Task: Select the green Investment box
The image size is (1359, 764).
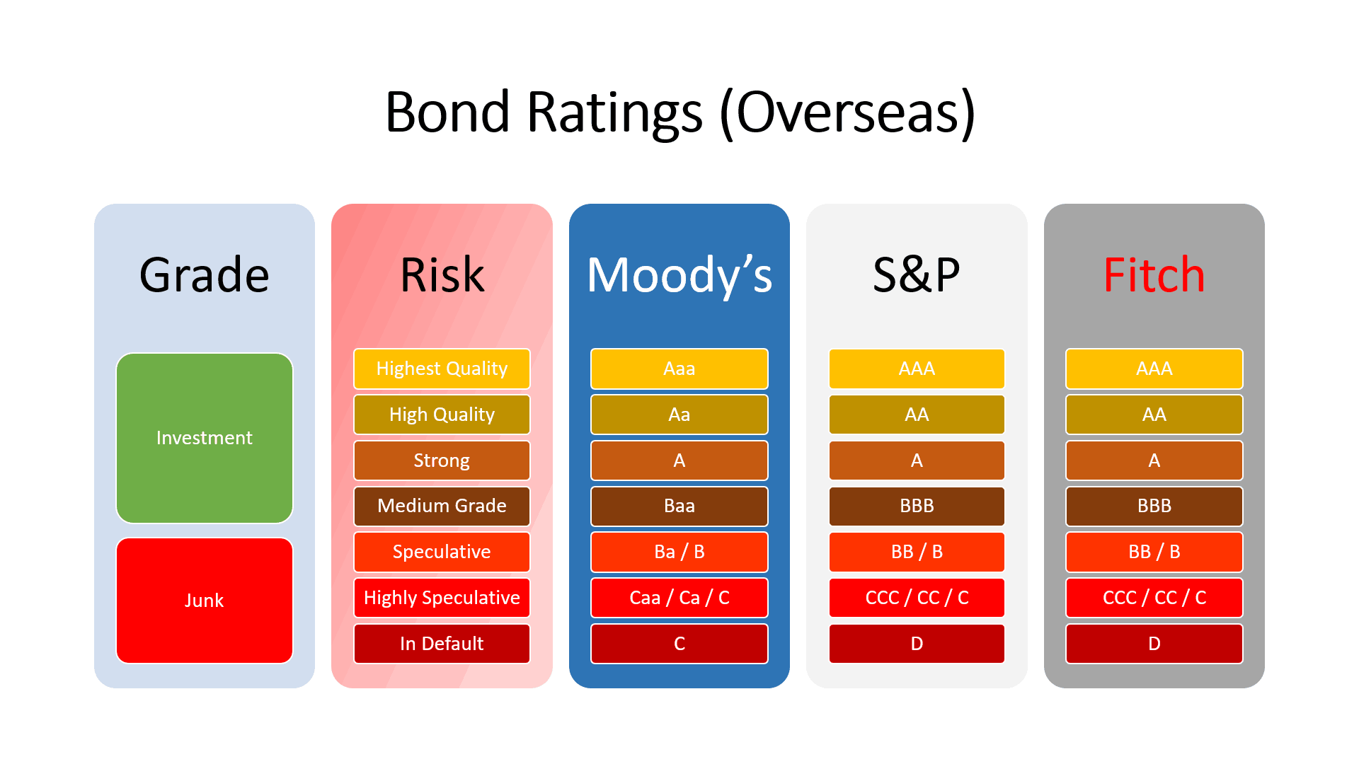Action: tap(205, 438)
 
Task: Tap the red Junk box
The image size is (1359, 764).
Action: tap(205, 601)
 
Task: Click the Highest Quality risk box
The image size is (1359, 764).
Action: tap(442, 369)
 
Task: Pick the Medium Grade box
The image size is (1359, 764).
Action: tap(442, 506)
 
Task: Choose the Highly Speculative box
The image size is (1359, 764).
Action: tap(442, 598)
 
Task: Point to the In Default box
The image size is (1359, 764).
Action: tap(442, 644)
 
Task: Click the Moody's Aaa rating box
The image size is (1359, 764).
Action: tap(679, 369)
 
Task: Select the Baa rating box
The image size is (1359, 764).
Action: tap(679, 506)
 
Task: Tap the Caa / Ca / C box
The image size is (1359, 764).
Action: tap(679, 598)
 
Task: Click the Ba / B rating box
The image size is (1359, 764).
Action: tap(679, 552)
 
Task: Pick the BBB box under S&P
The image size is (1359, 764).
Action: tap(917, 506)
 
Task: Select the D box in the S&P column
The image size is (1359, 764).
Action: tap(917, 644)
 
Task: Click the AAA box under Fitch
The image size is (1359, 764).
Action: tap(1154, 369)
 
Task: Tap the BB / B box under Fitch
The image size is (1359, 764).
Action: tap(1154, 552)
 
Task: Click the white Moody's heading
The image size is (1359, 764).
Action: tap(679, 276)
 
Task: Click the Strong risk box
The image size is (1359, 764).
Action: tap(442, 461)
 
